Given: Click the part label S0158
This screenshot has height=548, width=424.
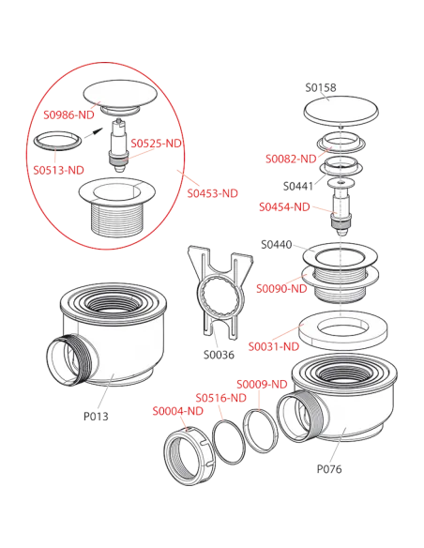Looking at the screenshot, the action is [321, 87].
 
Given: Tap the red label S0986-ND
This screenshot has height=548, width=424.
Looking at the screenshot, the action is [68, 114].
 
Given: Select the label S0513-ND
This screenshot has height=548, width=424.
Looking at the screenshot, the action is [59, 170].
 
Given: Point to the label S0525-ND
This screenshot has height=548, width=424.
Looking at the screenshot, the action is [156, 144].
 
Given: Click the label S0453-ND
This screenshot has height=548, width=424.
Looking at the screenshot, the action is [212, 193].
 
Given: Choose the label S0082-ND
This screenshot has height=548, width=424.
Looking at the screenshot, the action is [291, 159].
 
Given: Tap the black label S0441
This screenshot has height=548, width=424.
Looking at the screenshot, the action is [298, 187].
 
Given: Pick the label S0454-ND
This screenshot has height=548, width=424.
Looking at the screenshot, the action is [284, 206].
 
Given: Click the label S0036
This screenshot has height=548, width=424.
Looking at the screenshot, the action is [219, 355].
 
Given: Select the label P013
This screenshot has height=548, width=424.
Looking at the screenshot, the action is [96, 417].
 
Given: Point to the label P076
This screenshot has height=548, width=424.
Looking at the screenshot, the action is [329, 468].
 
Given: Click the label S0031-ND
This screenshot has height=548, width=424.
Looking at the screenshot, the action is [274, 346].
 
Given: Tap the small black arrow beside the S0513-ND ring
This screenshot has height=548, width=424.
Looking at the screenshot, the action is [94, 133].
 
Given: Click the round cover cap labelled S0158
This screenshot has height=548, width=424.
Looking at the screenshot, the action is [341, 111].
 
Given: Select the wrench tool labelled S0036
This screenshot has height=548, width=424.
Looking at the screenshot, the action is [220, 293].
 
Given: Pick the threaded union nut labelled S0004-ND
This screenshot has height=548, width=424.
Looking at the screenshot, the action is [189, 455].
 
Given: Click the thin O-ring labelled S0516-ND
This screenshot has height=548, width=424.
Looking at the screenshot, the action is [229, 442].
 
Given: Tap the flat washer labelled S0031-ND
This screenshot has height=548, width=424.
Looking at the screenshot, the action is [343, 330].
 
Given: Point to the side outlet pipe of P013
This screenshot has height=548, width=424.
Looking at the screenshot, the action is [68, 360].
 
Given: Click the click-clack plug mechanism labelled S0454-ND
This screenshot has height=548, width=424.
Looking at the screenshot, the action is [341, 208].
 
